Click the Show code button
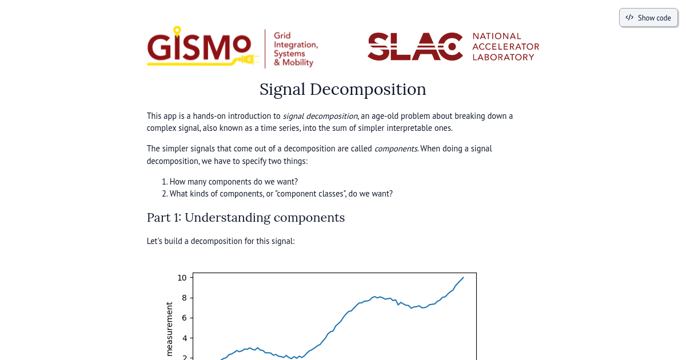click(x=648, y=18)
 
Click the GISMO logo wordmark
click(x=198, y=47)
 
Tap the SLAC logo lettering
click(x=414, y=46)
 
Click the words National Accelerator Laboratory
click(x=505, y=46)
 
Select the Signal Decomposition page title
click(x=342, y=90)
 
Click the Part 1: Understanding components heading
click(x=245, y=218)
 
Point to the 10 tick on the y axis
click(x=182, y=278)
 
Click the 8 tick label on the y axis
click(x=185, y=298)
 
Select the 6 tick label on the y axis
click(x=185, y=318)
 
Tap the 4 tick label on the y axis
click(x=185, y=338)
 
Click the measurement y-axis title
click(x=169, y=329)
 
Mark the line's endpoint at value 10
click(x=463, y=278)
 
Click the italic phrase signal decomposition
click(x=320, y=116)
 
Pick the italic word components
click(x=396, y=149)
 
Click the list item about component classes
click(x=281, y=194)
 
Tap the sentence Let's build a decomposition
click(x=221, y=241)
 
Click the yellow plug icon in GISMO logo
click(x=246, y=59)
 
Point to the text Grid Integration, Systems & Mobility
click(x=295, y=49)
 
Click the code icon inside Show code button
click(x=629, y=18)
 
